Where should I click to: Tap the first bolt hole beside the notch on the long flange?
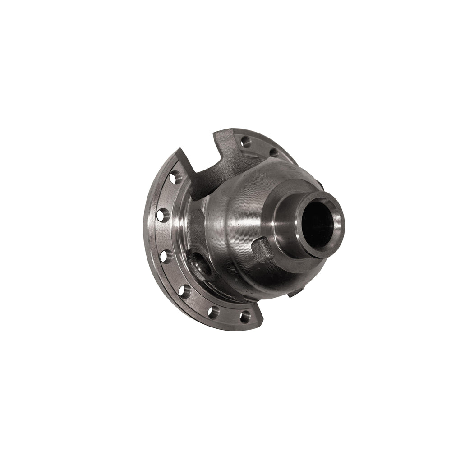(175, 177)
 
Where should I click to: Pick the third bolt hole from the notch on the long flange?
(166, 256)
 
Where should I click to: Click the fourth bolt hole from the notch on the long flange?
(184, 291)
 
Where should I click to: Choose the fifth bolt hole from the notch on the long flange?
(212, 311)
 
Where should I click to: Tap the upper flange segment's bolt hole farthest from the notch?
(273, 152)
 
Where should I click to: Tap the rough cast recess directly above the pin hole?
(197, 225)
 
